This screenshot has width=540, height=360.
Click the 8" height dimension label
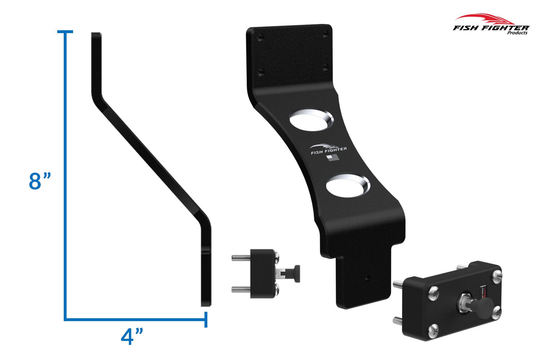pos(40,181)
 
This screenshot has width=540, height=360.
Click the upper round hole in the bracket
pos(312,121)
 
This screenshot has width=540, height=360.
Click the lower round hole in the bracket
pos(347,185)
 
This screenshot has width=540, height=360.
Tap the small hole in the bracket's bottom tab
pos(367,278)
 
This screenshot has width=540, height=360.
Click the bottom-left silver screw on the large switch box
pos(434,328)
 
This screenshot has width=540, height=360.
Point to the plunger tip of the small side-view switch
pos(297,270)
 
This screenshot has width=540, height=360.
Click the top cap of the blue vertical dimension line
pos(65,32)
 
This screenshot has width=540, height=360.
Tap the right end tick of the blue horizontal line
pos(206,319)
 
